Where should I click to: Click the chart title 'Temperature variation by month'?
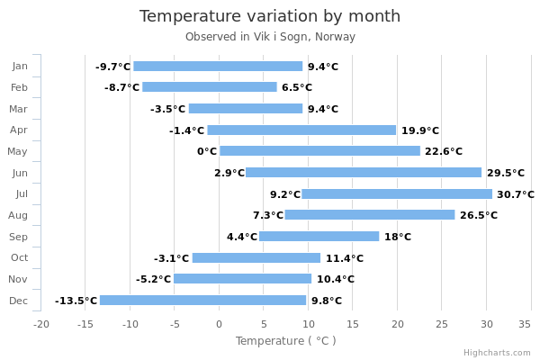(x=270, y=16)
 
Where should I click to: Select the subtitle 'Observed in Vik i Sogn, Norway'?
(x=270, y=37)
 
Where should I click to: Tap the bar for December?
(x=202, y=300)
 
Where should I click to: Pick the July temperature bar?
(x=397, y=194)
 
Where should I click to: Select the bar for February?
(x=210, y=86)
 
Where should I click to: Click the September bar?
(x=319, y=237)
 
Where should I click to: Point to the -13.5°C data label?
(x=76, y=301)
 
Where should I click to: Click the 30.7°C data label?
(x=516, y=194)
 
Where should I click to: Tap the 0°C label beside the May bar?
(x=207, y=151)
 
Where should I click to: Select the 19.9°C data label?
(x=420, y=130)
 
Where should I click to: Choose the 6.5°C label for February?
(x=297, y=87)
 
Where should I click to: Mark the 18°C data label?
(x=398, y=237)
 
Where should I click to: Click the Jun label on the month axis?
(x=20, y=173)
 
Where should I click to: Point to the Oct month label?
(x=19, y=257)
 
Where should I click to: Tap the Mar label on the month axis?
(x=18, y=109)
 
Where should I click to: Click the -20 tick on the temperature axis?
(x=41, y=324)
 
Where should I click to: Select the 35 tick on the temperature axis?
(x=525, y=324)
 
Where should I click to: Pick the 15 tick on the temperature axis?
(x=353, y=324)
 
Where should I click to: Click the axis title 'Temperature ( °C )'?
(x=286, y=341)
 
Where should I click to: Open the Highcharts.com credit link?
(x=497, y=353)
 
